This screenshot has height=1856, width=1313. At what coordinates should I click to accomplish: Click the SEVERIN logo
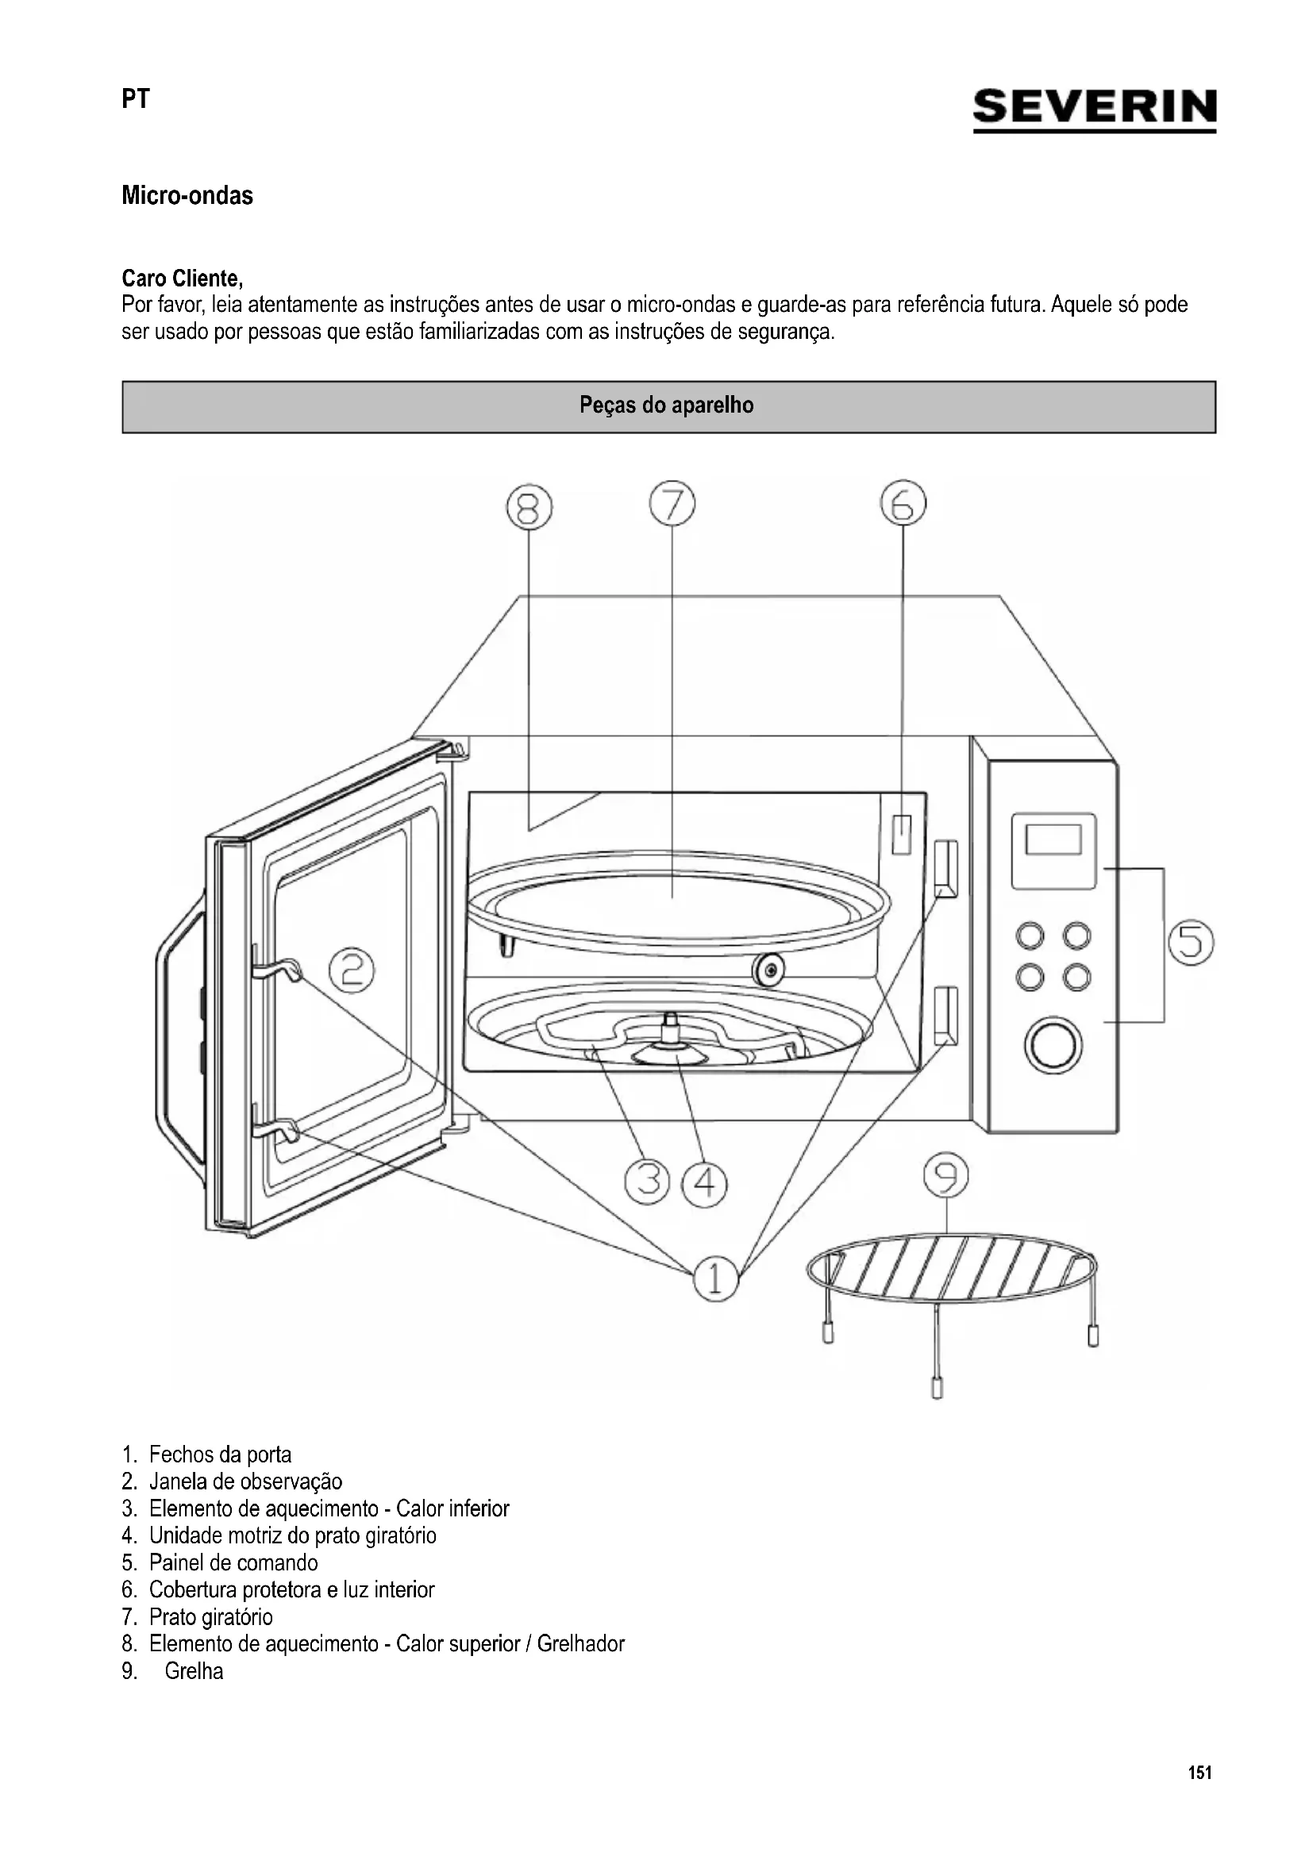coord(1094,109)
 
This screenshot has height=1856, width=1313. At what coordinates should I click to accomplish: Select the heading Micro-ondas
coord(187,196)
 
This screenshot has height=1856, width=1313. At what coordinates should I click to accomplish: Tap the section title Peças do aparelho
coord(666,405)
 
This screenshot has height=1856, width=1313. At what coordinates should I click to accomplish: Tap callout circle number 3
coord(648,1182)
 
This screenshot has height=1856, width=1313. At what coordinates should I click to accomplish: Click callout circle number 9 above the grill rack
coord(946,1175)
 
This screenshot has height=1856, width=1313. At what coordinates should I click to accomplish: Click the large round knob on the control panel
coord(1053,1045)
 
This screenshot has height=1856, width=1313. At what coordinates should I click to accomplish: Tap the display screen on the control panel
coord(1053,839)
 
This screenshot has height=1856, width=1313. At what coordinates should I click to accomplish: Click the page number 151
coord(1199,1773)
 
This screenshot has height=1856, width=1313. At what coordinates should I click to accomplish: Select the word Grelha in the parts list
coord(194,1671)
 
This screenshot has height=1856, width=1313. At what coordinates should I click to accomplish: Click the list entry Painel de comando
coord(233,1562)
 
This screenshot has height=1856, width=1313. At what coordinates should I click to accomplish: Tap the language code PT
coord(136,98)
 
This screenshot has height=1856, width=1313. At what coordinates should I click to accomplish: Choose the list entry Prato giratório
coord(210,1616)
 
